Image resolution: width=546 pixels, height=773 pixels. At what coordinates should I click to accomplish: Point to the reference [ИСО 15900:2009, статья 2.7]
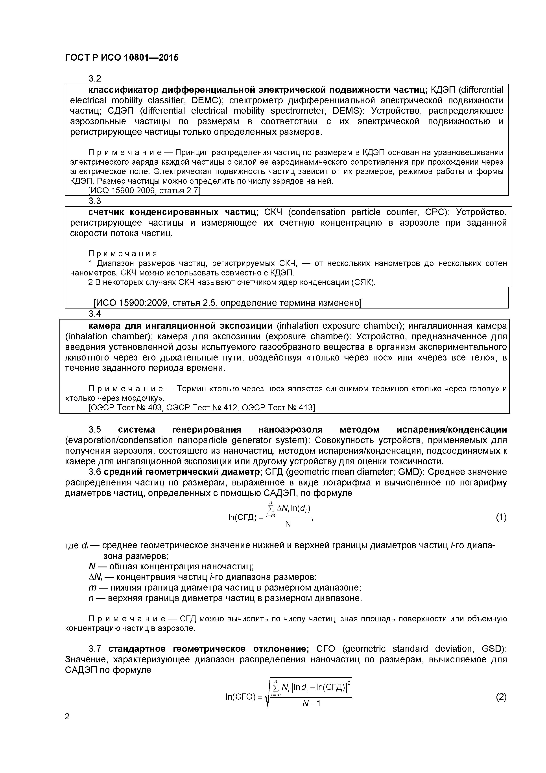pyautogui.click(x=144, y=191)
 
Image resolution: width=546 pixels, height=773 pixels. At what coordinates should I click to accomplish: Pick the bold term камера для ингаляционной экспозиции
pyautogui.click(x=180, y=326)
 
